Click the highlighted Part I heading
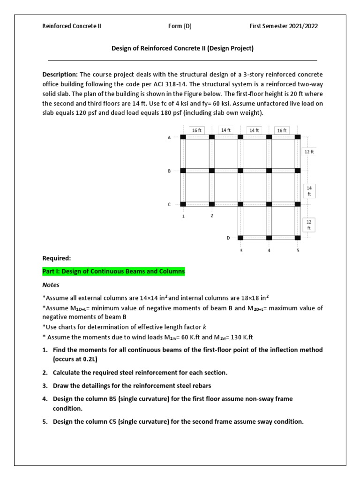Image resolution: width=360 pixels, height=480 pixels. coord(113,271)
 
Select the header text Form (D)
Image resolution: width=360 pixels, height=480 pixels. coord(180,26)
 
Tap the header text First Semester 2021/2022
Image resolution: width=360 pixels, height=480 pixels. coord(284,26)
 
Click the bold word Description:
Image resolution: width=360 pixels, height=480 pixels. coord(60,75)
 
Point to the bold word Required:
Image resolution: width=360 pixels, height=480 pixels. coord(57,258)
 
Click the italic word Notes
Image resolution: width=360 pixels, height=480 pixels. coord(51,285)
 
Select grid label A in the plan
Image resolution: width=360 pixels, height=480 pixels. coord(169,137)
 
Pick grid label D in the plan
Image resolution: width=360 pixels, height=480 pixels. coord(228,238)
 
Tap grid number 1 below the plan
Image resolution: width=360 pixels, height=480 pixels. coord(183,216)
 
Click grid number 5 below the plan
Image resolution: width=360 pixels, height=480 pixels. coord(298,250)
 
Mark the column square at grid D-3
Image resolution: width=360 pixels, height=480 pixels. coord(240,238)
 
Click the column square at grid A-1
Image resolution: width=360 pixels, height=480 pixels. coord(183,137)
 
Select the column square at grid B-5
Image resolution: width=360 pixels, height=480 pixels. coord(298,171)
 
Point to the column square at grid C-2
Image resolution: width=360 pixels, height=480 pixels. coord(212,204)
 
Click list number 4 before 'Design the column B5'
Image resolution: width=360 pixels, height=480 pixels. coord(45,399)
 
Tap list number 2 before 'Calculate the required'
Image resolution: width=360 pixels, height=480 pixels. coord(45,373)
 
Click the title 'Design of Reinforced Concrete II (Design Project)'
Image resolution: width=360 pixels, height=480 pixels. coord(182,48)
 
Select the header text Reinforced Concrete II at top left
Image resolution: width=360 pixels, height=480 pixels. coord(72,26)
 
